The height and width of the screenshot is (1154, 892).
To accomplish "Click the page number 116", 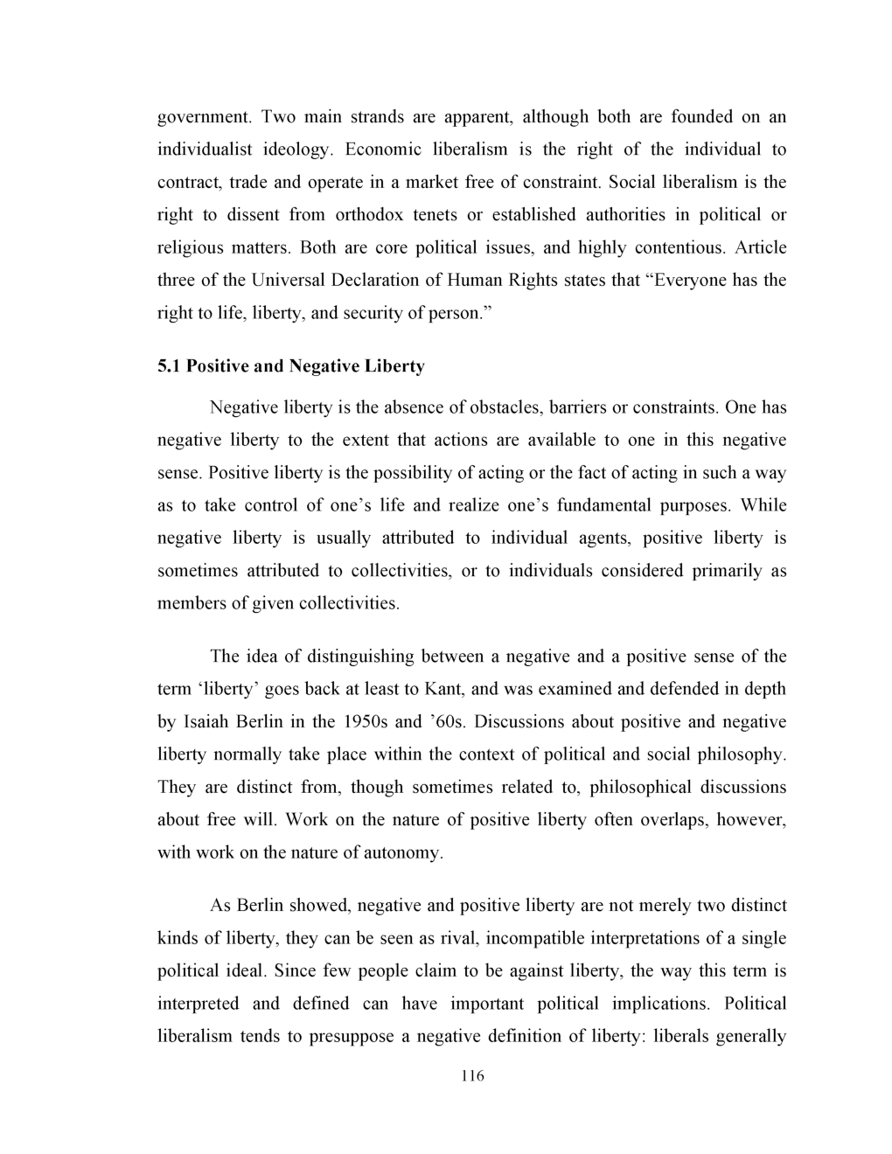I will tap(471, 1076).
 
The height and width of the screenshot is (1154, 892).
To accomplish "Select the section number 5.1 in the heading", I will tap(168, 366).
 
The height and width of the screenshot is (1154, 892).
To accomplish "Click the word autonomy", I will tap(401, 852).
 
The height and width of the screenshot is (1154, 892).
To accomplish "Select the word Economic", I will tap(383, 149).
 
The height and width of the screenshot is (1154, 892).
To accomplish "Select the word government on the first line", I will tap(205, 117).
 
